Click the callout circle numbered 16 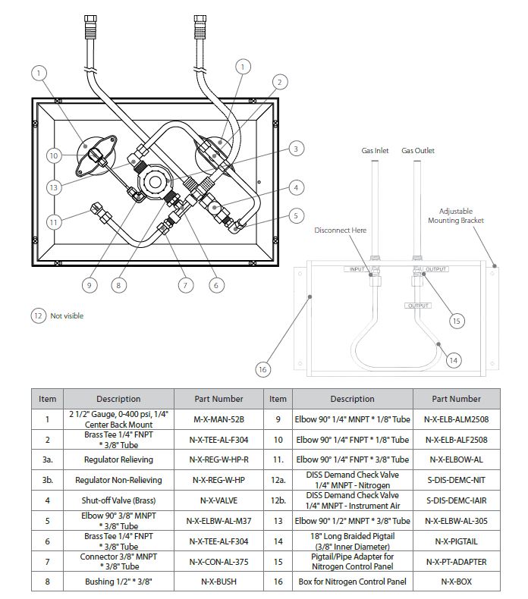[x=262, y=369]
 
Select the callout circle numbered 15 [x=456, y=321]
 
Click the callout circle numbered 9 [x=90, y=285]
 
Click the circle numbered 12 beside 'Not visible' [x=38, y=315]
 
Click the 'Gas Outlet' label [x=418, y=151]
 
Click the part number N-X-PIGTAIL [x=456, y=541]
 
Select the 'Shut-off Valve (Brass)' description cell [x=118, y=500]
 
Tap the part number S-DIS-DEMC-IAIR [x=456, y=500]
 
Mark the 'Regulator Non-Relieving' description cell [x=118, y=480]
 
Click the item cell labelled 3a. [x=48, y=459]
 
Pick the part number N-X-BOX [x=456, y=582]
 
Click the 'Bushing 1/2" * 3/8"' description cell [x=118, y=582]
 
